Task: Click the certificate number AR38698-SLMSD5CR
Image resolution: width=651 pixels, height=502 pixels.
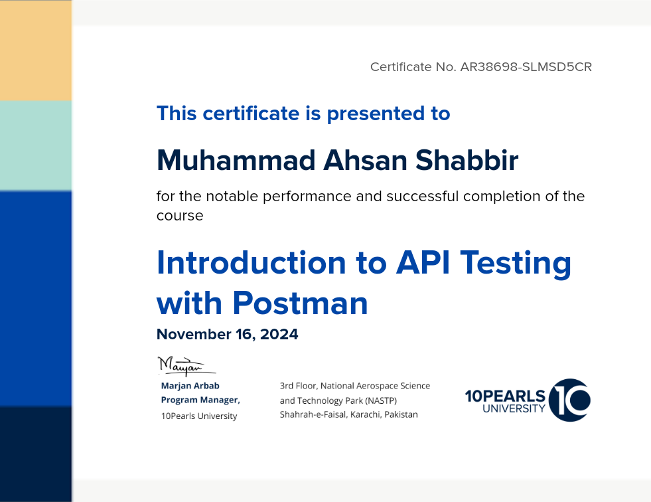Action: (526, 67)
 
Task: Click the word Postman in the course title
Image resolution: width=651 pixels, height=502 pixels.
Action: (300, 303)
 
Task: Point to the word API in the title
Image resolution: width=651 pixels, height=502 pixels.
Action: (423, 262)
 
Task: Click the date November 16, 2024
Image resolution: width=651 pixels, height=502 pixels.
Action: (227, 334)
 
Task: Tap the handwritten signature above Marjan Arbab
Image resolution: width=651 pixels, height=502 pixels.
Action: (186, 366)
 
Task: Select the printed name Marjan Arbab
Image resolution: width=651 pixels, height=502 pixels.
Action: (190, 386)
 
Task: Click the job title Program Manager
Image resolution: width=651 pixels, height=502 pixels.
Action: (200, 400)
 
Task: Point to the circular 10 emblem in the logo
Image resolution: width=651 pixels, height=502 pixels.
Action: (569, 400)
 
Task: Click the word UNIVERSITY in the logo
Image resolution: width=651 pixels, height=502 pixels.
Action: (514, 408)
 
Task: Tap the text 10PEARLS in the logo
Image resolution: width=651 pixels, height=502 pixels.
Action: (505, 396)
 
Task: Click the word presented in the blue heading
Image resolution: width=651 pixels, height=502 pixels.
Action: (376, 114)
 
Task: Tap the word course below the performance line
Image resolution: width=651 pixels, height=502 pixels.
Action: (180, 216)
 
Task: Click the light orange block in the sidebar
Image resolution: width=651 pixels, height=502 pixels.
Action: (36, 50)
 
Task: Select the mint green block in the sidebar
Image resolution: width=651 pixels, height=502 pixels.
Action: (36, 146)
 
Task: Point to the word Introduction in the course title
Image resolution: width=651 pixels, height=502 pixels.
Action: (252, 263)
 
